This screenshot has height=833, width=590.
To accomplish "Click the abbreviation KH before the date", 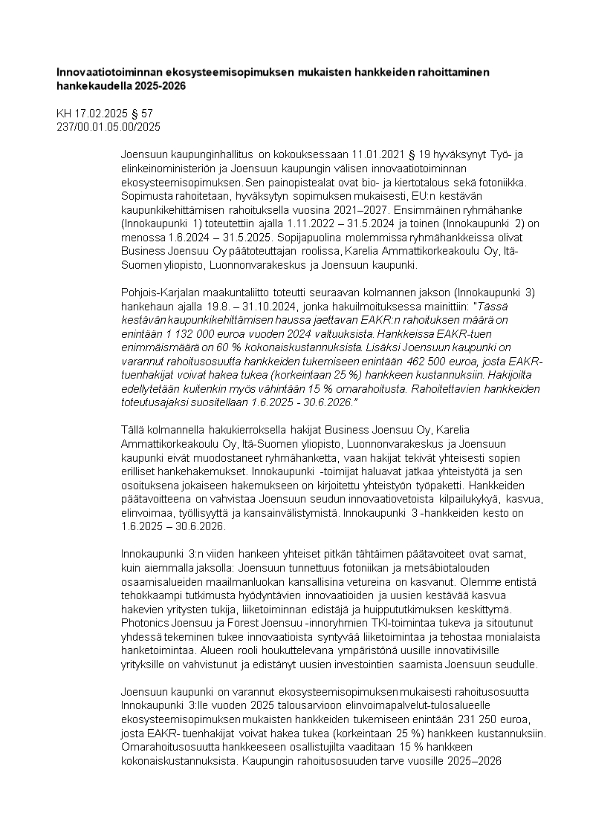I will pyautogui.click(x=65, y=114).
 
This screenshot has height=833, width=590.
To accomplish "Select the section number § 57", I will pyautogui.click(x=140, y=114).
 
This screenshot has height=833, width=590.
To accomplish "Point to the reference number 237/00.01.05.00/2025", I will pyautogui.click(x=108, y=126).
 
